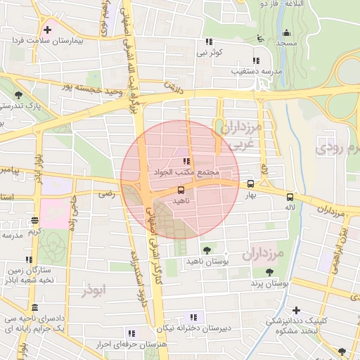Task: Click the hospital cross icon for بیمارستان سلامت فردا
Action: point(47,30)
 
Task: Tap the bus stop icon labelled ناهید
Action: point(181,190)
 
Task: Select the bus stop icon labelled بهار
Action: point(251,184)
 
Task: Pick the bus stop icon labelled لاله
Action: point(290,198)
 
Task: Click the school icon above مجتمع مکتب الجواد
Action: point(186,162)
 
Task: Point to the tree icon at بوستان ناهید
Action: point(206,250)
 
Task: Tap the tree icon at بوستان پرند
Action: point(269,272)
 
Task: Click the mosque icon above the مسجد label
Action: point(285,33)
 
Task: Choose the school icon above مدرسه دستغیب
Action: point(255,60)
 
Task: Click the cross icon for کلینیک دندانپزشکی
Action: point(296,310)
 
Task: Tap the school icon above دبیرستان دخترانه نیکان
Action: point(193,317)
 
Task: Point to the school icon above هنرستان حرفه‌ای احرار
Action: point(131,333)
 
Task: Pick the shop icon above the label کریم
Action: point(35,221)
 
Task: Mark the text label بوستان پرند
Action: point(270,283)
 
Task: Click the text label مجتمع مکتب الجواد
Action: point(186,172)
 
